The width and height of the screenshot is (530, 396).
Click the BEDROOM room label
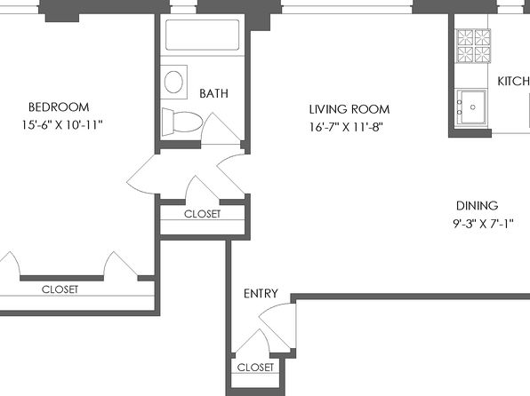click(59, 107)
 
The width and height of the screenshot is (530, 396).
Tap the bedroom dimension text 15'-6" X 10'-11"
click(62, 125)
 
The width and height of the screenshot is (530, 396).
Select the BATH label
click(213, 93)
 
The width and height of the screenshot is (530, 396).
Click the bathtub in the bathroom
click(202, 35)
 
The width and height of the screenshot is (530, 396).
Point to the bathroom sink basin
click(173, 82)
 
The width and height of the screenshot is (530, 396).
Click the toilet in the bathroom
click(181, 122)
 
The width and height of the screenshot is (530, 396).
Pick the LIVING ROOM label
click(349, 109)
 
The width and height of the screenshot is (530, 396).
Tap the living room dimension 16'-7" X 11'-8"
click(347, 127)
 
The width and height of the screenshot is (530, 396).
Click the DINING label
click(477, 205)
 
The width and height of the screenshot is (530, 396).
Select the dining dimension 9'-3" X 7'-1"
click(483, 223)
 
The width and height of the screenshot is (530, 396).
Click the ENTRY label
click(261, 293)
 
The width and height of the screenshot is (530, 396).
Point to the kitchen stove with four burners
click(473, 46)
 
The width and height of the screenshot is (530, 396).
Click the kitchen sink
click(471, 107)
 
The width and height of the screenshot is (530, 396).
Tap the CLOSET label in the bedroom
click(60, 289)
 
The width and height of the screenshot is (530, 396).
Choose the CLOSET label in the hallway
click(202, 214)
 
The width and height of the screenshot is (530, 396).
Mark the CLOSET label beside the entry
click(255, 367)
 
